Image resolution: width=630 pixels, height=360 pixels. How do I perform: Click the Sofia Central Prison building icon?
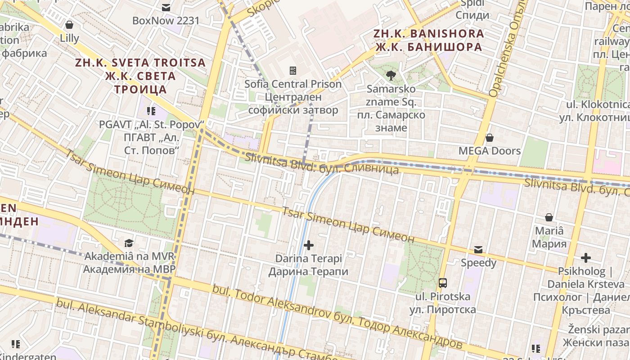click(293, 70)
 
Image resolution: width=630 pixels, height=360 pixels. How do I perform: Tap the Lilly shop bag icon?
click(69, 25)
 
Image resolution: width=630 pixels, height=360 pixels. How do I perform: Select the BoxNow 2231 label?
click(166, 21)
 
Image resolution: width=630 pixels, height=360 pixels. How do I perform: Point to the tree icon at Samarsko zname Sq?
click(391, 75)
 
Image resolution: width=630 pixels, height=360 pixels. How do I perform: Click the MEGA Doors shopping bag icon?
click(490, 138)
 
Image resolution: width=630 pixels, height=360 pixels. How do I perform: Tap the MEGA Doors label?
click(490, 151)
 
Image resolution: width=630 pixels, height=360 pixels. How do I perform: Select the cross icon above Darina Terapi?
click(309, 245)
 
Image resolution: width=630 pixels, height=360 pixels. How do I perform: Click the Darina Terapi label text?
click(309, 265)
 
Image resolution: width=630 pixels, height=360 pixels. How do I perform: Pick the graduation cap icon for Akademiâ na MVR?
click(129, 243)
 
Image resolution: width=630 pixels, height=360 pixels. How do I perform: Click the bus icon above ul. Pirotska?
click(443, 283)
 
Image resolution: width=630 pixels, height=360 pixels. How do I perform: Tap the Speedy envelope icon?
click(478, 250)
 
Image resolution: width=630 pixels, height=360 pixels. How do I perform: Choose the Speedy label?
click(478, 263)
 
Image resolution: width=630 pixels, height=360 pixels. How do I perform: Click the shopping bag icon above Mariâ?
click(549, 218)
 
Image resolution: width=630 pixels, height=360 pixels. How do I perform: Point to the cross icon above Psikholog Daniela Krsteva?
click(585, 258)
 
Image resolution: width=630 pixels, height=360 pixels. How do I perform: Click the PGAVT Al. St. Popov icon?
click(151, 111)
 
